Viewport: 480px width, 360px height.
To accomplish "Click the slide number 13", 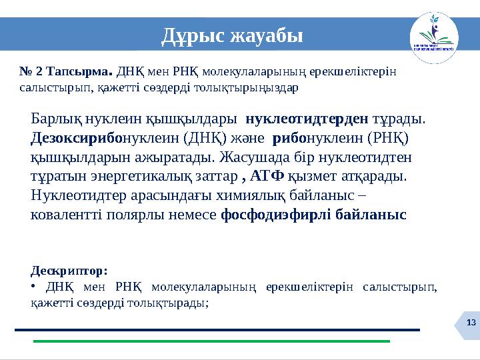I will pyautogui.click(x=471, y=323).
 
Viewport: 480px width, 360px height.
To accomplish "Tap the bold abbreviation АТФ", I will pyautogui.click(x=268, y=177).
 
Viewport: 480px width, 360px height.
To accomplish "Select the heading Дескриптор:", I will pyautogui.click(x=69, y=271).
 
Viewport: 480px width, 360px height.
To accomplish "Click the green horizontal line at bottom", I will pyautogui.click(x=211, y=341).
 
